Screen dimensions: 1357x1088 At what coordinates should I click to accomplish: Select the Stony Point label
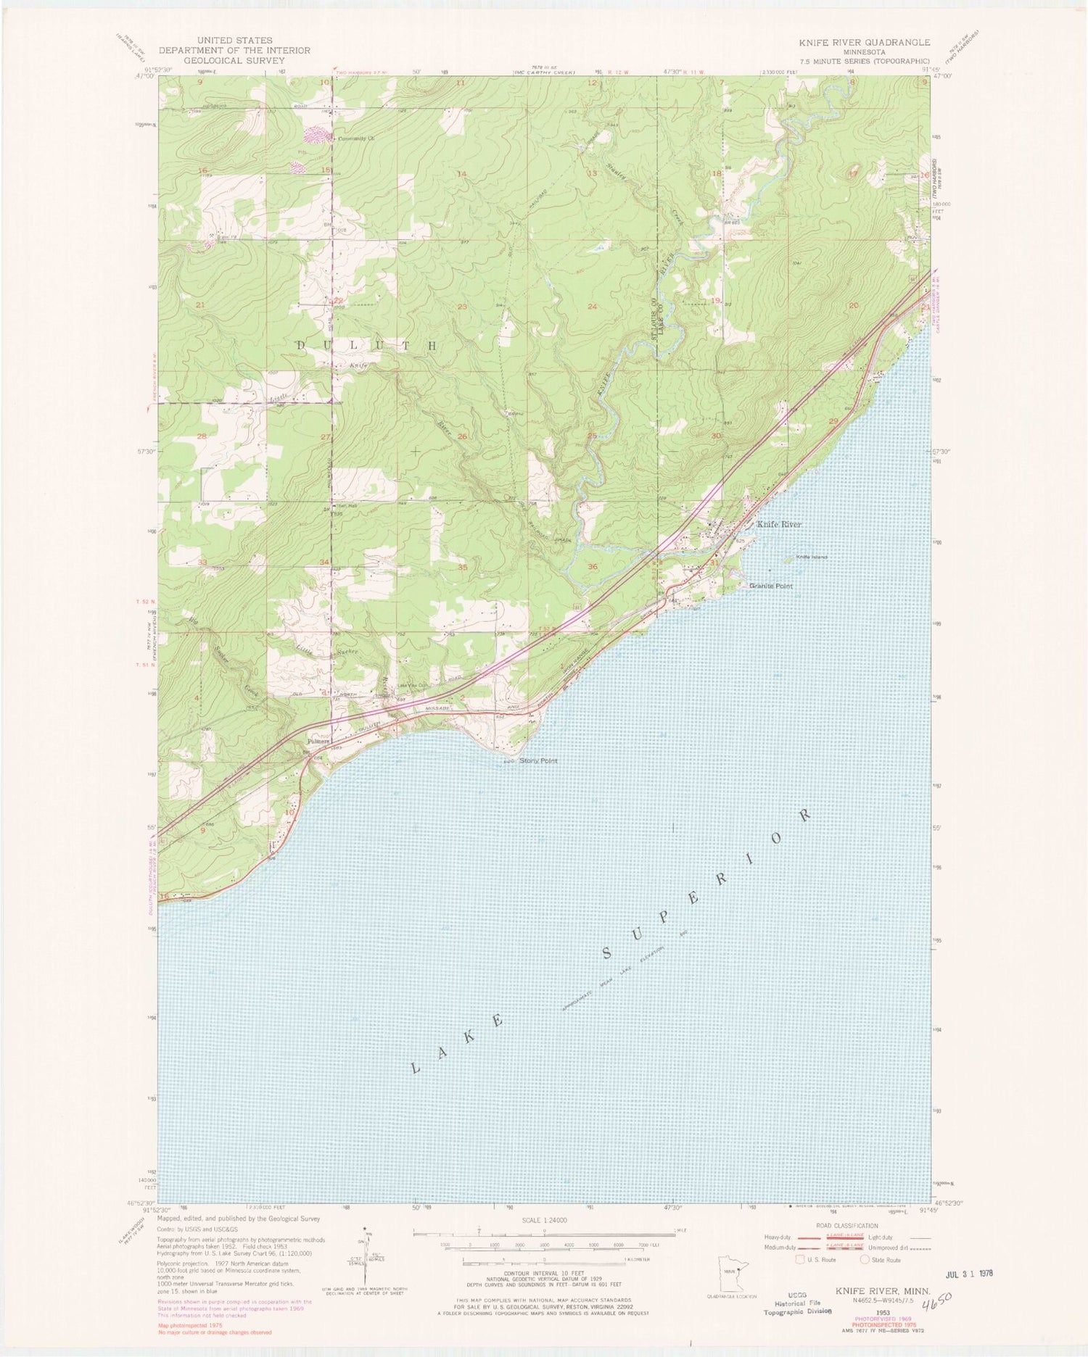(x=539, y=761)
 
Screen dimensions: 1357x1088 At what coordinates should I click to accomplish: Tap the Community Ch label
(x=354, y=138)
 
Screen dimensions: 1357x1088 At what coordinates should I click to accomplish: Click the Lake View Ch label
(x=411, y=686)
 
